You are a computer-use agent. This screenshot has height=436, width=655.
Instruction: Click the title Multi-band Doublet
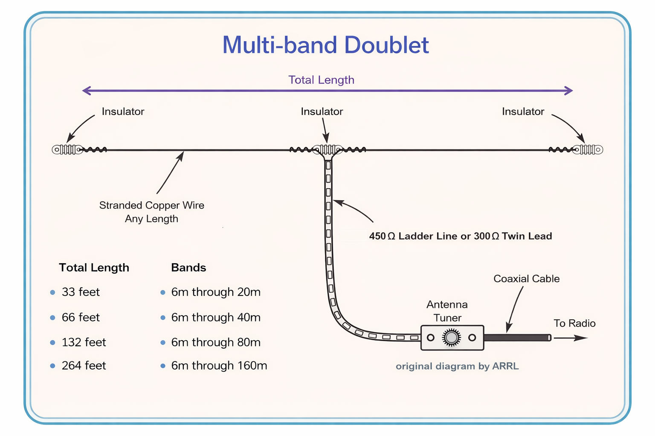point(325,45)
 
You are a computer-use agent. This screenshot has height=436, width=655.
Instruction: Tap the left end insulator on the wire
point(67,149)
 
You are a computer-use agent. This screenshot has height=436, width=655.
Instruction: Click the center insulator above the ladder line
point(327,149)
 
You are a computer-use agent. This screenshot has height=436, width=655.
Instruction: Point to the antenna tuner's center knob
point(451,338)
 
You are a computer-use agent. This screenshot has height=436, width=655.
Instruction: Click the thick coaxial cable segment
point(518,338)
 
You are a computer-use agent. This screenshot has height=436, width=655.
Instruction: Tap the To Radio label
point(574,323)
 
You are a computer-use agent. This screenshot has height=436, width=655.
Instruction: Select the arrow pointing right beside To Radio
point(571,338)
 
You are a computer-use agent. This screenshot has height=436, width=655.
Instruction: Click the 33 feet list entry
point(81,292)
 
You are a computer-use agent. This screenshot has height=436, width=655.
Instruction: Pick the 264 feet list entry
point(84,366)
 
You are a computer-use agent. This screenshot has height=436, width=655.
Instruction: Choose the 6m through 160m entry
point(219,366)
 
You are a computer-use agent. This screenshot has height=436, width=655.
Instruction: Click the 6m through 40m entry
point(216,318)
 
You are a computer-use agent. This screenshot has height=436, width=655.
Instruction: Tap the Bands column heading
point(188,267)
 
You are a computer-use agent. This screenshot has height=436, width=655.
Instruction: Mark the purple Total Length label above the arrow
point(322,80)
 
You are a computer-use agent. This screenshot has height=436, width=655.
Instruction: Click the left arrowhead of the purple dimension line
point(87,91)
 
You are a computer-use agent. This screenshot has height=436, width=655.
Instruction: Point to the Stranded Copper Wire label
point(151,205)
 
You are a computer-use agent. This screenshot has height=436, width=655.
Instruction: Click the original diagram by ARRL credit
point(457,366)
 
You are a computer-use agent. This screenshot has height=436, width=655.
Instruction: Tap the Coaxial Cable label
point(527,278)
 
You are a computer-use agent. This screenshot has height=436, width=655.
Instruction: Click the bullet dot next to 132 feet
point(52,343)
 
